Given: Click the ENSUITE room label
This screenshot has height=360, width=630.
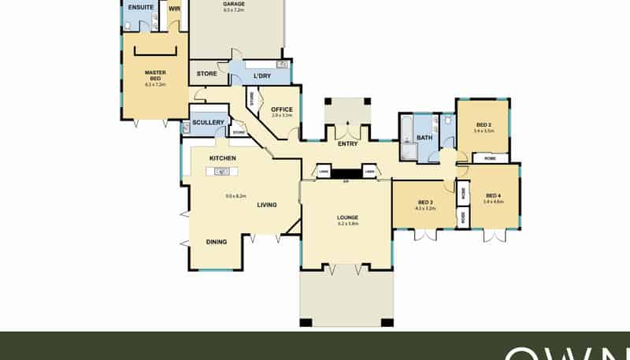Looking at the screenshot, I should click(141, 7).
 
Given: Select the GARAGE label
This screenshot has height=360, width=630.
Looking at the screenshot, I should click(234, 3).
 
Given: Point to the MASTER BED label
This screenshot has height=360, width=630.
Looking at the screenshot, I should click(154, 76).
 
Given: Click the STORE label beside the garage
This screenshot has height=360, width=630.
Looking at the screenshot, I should click(207, 73).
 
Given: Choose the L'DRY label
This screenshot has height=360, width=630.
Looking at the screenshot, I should click(262, 76).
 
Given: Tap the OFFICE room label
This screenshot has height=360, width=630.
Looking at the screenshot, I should click(281, 109).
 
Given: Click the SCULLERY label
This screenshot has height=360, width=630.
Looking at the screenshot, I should click(209, 122).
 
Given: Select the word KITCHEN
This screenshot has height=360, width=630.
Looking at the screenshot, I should click(223, 158).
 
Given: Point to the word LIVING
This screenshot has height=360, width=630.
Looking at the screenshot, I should click(267, 205).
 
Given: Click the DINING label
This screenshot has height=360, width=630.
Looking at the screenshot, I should click(217, 242).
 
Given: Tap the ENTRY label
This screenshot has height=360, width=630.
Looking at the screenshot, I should click(347, 144).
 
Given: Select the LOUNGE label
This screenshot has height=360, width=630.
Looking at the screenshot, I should click(347, 217).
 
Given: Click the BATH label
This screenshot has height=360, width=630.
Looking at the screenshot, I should click(424, 138).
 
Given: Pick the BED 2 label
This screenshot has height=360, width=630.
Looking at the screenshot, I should click(484, 124).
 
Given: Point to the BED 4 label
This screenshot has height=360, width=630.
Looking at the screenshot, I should click(494, 195).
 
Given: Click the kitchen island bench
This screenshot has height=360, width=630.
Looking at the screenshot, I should click(222, 171).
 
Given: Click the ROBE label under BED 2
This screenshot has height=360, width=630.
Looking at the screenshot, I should click(490, 158).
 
